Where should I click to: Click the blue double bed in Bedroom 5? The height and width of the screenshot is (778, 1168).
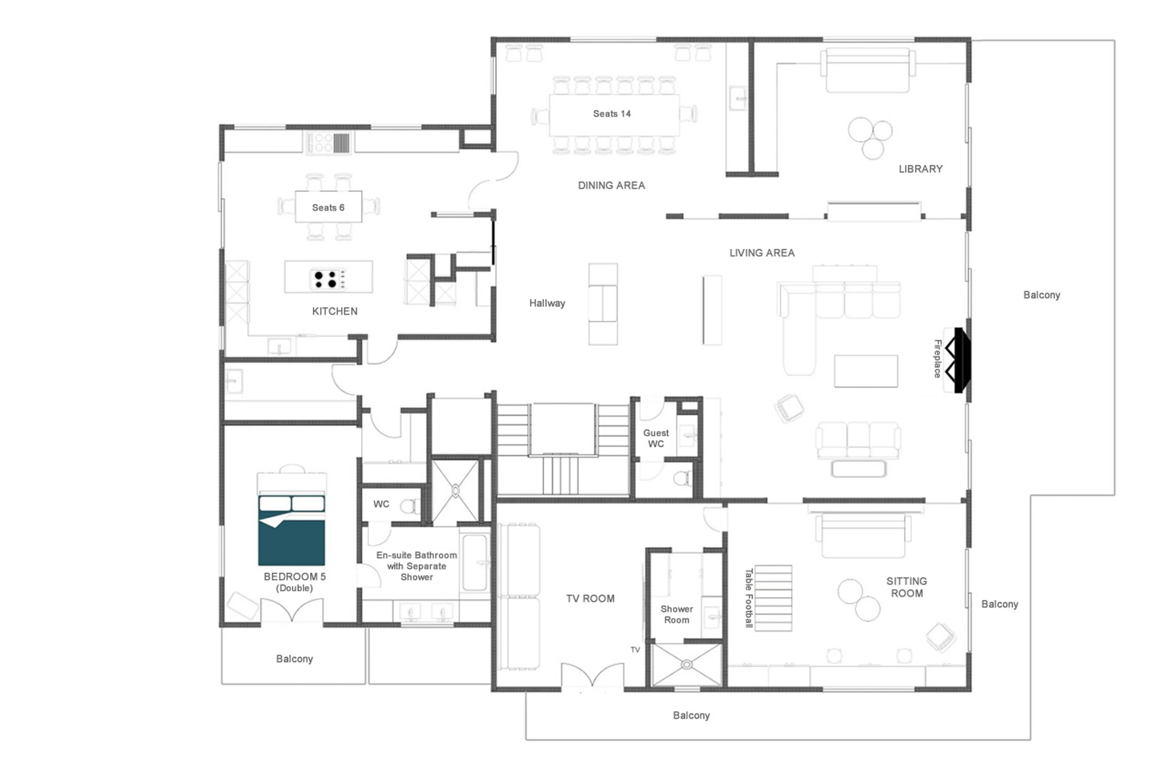pyautogui.click(x=291, y=530)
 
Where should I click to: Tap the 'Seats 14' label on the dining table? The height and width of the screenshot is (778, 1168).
pyautogui.click(x=612, y=114)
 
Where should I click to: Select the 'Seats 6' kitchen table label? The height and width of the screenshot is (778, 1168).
pyautogui.click(x=328, y=207)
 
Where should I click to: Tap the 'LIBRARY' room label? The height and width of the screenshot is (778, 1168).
pyautogui.click(x=920, y=169)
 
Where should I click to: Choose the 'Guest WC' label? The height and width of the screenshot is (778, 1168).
pyautogui.click(x=656, y=438)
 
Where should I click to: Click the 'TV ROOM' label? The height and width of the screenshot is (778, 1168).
pyautogui.click(x=590, y=598)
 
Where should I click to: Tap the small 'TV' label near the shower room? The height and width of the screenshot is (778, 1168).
pyautogui.click(x=635, y=649)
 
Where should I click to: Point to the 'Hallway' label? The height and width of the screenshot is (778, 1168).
pyautogui.click(x=547, y=303)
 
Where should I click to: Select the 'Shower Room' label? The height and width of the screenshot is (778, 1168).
pyautogui.click(x=676, y=614)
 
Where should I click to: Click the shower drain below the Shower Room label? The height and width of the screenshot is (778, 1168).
pyautogui.click(x=687, y=664)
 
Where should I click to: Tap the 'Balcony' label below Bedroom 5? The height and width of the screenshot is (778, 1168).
pyautogui.click(x=294, y=659)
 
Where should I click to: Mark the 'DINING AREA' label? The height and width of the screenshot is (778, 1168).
pyautogui.click(x=611, y=185)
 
